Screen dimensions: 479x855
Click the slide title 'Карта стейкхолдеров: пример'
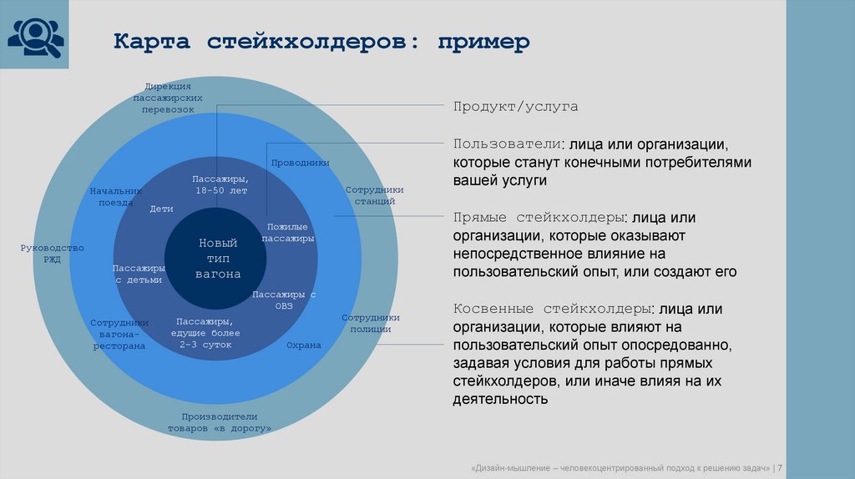tap(321, 42)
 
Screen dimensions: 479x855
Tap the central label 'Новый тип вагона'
tap(218, 258)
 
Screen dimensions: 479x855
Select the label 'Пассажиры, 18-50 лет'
tap(221, 185)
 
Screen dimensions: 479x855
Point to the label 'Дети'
tap(161, 209)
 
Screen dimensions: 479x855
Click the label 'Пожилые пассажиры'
tap(287, 233)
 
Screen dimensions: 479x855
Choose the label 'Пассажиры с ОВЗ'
tap(284, 300)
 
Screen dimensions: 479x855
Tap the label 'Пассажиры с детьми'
tap(139, 274)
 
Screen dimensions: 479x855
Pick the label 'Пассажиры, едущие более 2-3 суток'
tap(204, 332)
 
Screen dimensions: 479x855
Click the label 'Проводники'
tap(300, 163)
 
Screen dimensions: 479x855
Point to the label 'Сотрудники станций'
tap(374, 195)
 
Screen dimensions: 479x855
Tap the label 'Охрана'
tap(303, 345)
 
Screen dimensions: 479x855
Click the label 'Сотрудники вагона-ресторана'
tap(119, 334)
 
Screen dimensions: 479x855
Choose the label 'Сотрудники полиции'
tap(371, 323)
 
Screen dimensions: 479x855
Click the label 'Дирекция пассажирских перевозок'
tap(168, 98)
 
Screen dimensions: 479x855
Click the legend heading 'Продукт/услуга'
tap(515, 108)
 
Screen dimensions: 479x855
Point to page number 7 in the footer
tap(779, 467)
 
